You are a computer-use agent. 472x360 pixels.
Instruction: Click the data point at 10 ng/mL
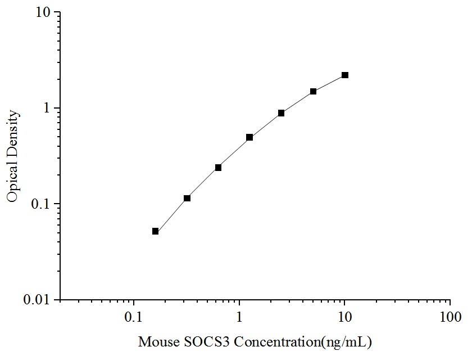(x=345, y=75)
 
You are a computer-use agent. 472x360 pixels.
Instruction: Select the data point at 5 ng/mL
(x=313, y=91)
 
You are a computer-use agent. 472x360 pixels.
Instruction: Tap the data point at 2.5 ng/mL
(x=281, y=113)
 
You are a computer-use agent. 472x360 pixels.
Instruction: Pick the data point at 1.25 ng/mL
(x=249, y=137)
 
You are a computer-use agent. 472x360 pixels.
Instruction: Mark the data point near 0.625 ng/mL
(x=218, y=168)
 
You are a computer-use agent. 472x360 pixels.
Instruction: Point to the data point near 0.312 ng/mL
(x=187, y=198)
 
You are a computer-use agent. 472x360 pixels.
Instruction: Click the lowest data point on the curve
(x=155, y=231)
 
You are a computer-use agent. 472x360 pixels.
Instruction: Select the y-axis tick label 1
(x=48, y=108)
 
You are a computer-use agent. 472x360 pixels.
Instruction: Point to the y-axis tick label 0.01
(x=38, y=299)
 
